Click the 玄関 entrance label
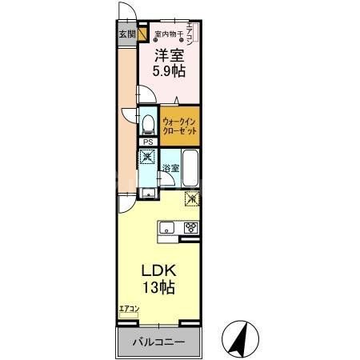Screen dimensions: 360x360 pyautogui.click(x=127, y=34)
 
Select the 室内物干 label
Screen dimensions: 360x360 pyautogui.click(x=168, y=34)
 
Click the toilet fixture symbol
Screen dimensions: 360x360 pyautogui.click(x=148, y=124)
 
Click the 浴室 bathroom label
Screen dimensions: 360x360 pyautogui.click(x=170, y=167)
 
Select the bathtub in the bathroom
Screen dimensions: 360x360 pyautogui.click(x=190, y=169)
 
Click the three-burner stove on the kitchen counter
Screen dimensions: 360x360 pyautogui.click(x=192, y=227)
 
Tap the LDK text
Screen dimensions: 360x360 pyautogui.click(x=158, y=270)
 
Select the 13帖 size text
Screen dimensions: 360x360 pyautogui.click(x=159, y=287)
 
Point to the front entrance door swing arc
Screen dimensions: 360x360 pyautogui.click(x=126, y=11)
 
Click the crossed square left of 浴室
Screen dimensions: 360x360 pyautogui.click(x=148, y=158)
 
